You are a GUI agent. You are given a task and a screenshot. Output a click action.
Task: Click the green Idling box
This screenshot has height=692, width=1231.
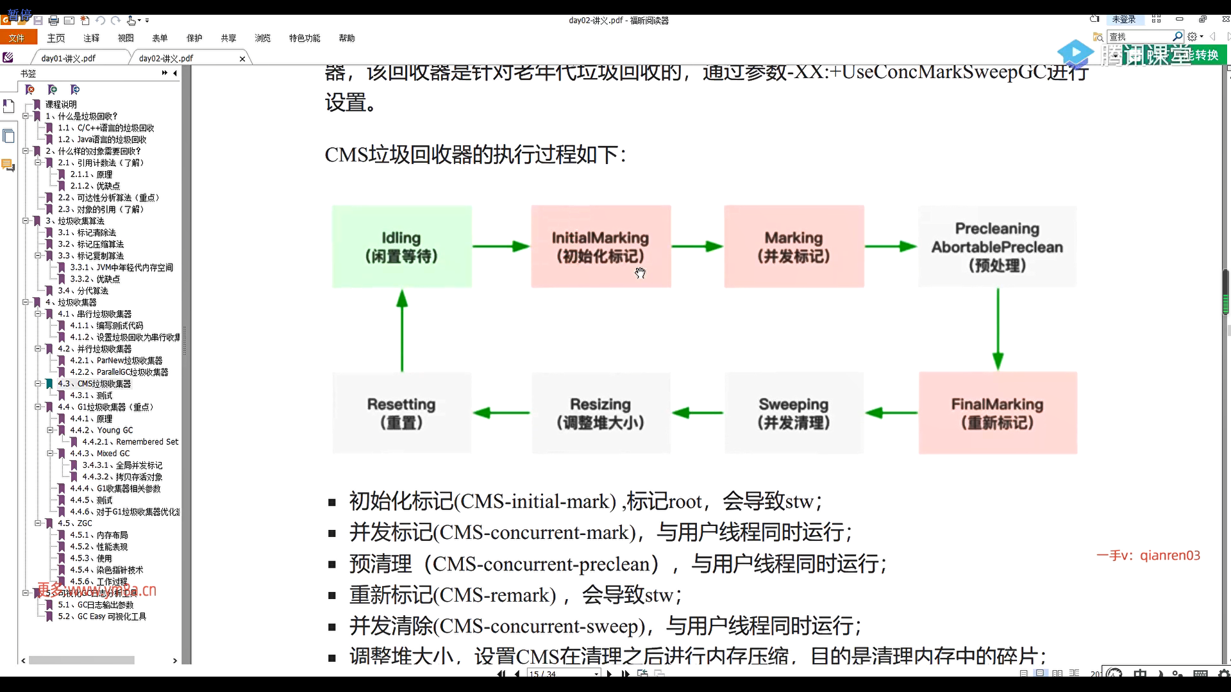click(401, 247)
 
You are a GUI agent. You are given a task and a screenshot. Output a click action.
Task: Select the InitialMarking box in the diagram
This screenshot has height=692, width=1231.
click(601, 247)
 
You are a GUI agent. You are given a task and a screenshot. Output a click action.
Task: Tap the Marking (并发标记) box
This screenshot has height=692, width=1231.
click(794, 247)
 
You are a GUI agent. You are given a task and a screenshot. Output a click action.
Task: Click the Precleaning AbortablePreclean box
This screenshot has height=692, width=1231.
click(997, 247)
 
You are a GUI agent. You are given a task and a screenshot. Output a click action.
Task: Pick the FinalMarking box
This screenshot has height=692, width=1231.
click(998, 413)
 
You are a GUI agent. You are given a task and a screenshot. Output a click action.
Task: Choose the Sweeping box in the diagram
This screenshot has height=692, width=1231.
click(794, 413)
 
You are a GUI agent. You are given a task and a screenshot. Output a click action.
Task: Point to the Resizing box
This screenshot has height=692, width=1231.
click(601, 413)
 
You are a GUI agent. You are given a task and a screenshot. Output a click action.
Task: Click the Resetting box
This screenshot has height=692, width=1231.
click(401, 413)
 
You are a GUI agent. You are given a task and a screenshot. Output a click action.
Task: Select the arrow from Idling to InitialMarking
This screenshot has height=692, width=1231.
click(501, 247)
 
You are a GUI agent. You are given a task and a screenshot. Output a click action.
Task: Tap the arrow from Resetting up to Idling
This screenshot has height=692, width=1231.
click(402, 329)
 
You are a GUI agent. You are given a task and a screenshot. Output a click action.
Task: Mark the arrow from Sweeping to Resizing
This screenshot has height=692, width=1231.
click(698, 413)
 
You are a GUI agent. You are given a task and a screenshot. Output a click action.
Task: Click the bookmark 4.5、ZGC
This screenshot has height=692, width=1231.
click(75, 523)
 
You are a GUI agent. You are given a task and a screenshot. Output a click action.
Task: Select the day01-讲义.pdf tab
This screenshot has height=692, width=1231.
click(69, 58)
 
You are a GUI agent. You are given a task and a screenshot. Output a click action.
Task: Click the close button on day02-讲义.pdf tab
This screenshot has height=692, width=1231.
click(242, 59)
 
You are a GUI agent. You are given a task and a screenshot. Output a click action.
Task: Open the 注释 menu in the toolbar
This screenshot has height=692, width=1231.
click(91, 38)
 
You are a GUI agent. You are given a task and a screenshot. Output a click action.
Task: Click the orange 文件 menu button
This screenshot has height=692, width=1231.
click(17, 38)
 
